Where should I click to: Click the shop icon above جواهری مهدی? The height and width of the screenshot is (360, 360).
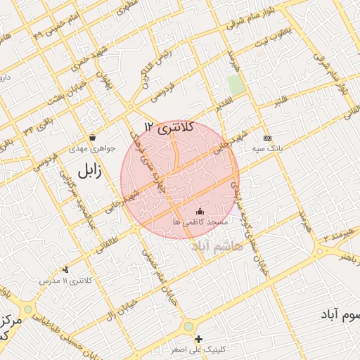click(x=93, y=137)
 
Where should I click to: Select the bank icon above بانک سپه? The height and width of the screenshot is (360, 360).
click(x=267, y=138)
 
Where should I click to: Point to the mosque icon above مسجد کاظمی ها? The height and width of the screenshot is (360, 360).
click(x=200, y=211)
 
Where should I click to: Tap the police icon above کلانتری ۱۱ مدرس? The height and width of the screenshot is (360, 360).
click(x=66, y=269)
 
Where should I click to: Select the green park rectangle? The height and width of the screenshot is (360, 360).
click(x=236, y=85)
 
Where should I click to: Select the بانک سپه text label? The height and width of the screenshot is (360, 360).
click(x=269, y=149)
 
